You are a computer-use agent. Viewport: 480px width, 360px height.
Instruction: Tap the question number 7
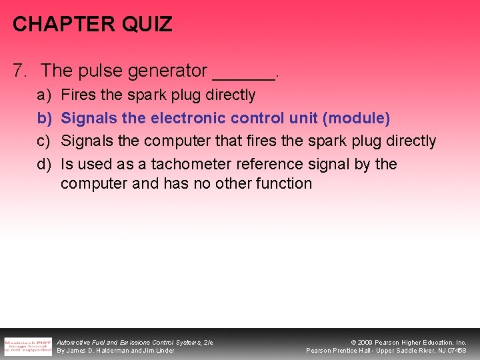click(x=19, y=70)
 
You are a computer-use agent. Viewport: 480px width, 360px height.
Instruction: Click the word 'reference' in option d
click(x=268, y=164)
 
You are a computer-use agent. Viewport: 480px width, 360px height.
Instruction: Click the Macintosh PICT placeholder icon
click(x=27, y=346)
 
